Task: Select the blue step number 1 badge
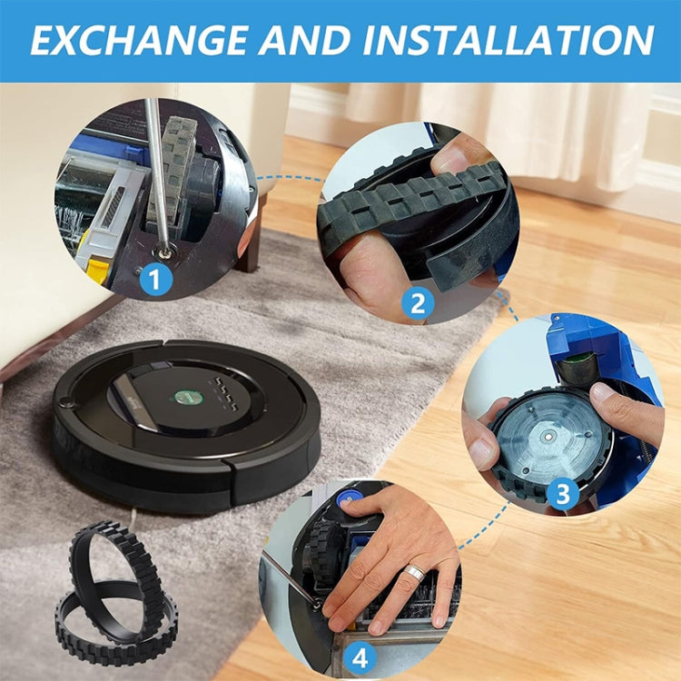point(156,279)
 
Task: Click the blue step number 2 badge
point(418,303)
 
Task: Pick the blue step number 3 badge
point(562,494)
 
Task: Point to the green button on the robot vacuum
point(183,397)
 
